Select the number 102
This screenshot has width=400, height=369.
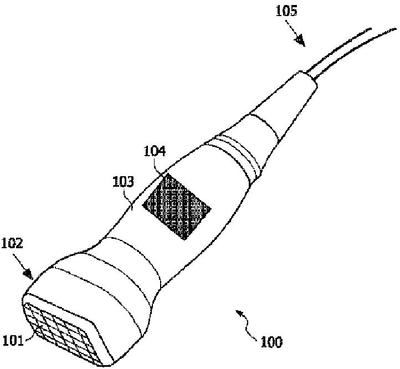(12, 243)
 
